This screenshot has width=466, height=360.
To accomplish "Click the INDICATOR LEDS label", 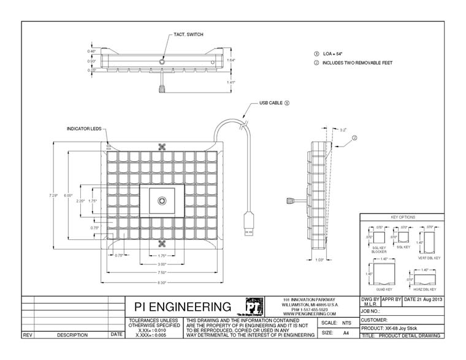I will coord(83,129).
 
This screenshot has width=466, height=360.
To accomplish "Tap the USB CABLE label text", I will coord(270,104).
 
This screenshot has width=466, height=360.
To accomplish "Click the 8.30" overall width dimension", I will coord(162,281).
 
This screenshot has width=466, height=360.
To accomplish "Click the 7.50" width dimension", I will coord(162,272).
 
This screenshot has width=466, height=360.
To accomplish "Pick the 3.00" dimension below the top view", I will coord(162,264).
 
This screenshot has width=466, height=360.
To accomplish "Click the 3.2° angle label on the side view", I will coord(343,130).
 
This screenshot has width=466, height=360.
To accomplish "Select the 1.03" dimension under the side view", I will coord(319,260).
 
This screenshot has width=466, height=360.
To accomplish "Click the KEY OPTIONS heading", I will coord(403,218).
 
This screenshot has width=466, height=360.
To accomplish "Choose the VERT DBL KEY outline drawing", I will coord(429,240).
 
